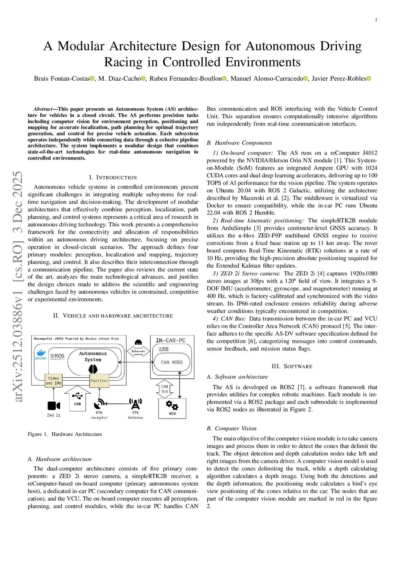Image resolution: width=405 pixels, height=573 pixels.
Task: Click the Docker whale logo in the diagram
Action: (41, 353)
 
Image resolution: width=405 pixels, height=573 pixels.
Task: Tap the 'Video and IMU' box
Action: (53, 380)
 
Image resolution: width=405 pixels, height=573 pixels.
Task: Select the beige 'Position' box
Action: (99, 380)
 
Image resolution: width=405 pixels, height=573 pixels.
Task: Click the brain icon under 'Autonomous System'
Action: (93, 369)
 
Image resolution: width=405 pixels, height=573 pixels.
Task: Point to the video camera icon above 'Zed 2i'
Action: (53, 406)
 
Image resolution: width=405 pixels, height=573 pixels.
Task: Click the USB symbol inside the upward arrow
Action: (78, 395)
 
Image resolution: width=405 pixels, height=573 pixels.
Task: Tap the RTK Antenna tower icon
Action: (135, 404)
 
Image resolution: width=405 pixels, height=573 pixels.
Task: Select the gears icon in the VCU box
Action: (172, 405)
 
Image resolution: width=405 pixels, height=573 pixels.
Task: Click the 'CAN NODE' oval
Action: (172, 362)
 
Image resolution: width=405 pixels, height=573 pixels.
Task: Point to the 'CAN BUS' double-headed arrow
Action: (165, 389)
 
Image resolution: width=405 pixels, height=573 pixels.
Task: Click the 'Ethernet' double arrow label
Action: (138, 351)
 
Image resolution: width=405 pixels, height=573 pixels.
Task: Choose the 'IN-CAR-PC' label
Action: (170, 340)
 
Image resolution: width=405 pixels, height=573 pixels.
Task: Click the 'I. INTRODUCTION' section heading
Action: (113, 177)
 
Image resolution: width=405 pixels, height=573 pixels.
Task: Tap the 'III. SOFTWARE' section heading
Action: (292, 366)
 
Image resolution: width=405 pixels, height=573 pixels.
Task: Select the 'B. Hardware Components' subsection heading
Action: (239, 143)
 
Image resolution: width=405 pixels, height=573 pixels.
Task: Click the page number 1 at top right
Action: (376, 20)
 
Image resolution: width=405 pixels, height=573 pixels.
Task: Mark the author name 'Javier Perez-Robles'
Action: (339, 78)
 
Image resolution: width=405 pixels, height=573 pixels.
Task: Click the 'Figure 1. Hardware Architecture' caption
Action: (64, 434)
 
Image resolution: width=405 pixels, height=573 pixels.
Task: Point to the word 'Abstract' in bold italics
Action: (43, 109)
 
